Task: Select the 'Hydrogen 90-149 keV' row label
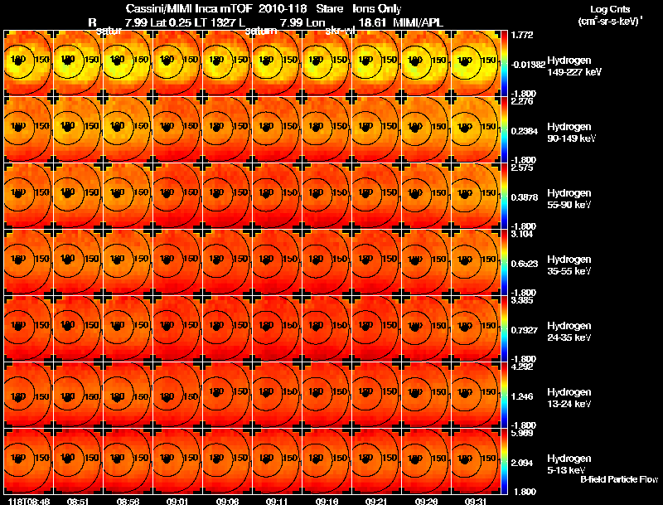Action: coord(573,133)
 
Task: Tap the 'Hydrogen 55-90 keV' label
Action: coord(573,199)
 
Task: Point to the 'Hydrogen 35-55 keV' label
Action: coord(573,265)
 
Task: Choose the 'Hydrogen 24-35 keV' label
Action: coord(573,332)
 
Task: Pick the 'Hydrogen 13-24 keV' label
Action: coord(573,398)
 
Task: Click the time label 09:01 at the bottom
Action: coord(177,501)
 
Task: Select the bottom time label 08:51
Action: coord(78,501)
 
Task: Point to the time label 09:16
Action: coord(327,501)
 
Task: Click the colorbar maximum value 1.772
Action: coord(524,35)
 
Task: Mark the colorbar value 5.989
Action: coord(524,434)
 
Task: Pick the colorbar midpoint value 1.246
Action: coord(524,396)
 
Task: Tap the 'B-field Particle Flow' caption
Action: coord(617,479)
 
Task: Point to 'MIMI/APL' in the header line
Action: coord(381,22)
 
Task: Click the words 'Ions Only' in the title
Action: coord(377,8)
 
